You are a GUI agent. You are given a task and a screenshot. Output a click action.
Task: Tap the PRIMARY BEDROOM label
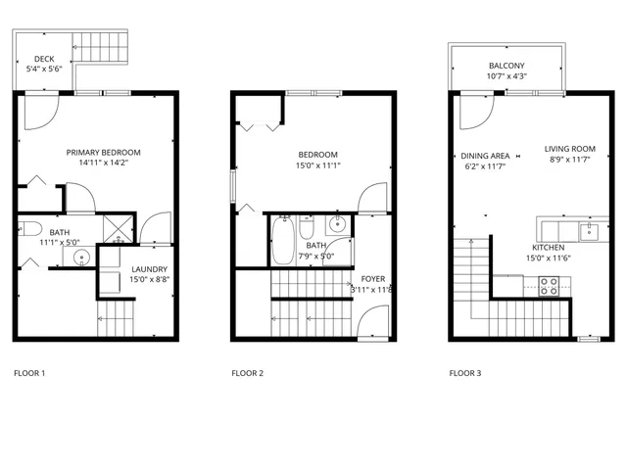[103, 153]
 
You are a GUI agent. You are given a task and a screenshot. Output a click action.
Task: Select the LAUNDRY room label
[149, 269]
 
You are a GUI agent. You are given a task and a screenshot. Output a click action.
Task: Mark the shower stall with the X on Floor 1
[118, 229]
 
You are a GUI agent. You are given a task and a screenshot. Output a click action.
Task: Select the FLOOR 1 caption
[29, 373]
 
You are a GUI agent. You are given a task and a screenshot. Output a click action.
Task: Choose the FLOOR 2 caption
[248, 373]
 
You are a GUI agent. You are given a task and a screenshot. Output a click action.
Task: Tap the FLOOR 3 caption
[466, 373]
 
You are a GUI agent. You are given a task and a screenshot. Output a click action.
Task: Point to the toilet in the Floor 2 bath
[307, 229]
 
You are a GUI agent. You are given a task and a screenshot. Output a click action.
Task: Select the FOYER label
[372, 279]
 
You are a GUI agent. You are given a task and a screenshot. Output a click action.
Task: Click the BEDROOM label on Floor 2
[318, 155]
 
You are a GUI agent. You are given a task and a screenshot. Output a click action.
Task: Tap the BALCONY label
[507, 66]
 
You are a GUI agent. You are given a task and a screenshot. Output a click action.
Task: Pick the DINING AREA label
[485, 156]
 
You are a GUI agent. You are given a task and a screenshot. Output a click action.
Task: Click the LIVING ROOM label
[570, 150]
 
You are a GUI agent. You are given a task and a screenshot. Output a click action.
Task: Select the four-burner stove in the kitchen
[549, 287]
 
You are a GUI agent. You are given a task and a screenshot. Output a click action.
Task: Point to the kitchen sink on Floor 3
[590, 231]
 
